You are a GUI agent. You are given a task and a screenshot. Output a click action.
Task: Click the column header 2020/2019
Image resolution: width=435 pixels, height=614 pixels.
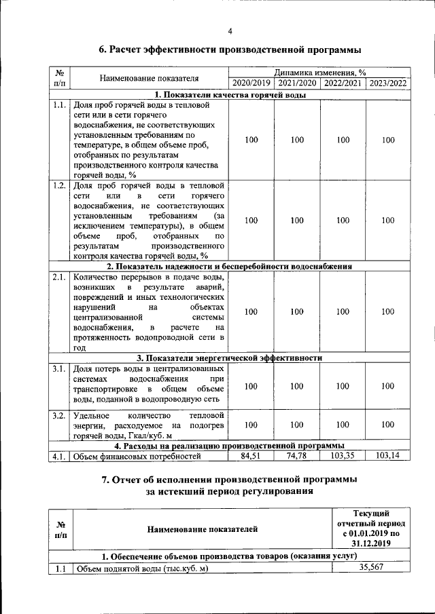tap(251, 83)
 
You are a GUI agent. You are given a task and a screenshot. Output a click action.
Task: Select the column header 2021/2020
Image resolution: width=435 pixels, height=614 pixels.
tap(297, 83)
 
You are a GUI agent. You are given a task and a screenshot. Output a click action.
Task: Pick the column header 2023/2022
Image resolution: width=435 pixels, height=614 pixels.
tap(388, 83)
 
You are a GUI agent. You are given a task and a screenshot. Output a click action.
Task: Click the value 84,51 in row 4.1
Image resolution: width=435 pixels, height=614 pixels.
tap(251, 456)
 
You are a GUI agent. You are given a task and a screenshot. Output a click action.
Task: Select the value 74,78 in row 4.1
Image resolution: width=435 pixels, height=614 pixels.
tap(297, 456)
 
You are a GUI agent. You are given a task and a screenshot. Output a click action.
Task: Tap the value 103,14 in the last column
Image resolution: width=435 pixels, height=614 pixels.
tap(388, 456)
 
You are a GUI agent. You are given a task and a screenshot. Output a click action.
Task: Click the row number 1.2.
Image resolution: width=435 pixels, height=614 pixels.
tap(59, 185)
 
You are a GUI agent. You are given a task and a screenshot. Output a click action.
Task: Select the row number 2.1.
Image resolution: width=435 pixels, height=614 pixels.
tap(59, 277)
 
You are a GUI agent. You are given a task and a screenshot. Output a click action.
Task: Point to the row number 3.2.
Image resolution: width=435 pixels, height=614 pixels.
tap(59, 415)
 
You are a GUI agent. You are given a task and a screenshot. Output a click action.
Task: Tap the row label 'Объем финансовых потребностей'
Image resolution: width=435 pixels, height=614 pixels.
tap(138, 457)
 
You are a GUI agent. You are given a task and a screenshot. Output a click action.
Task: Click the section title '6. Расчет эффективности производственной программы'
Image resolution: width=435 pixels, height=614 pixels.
tap(230, 50)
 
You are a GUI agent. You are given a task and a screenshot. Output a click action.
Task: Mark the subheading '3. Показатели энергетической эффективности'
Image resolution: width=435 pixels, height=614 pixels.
tap(230, 358)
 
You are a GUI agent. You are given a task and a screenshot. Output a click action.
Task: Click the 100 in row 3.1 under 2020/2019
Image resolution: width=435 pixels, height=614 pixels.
tap(251, 387)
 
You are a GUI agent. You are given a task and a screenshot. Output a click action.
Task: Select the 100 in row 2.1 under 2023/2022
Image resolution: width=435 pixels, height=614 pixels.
tap(388, 312)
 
